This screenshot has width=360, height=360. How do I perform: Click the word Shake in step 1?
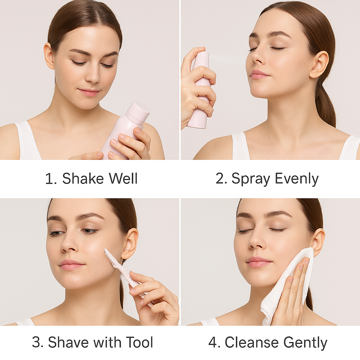[83, 178]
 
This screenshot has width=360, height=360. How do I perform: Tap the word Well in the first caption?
[123, 178]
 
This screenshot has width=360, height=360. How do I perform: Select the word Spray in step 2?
[251, 179]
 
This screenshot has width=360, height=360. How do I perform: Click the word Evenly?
[297, 179]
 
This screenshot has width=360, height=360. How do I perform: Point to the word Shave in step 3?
[68, 342]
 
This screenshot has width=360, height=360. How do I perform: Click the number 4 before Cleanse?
[212, 342]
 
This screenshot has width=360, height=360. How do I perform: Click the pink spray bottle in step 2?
[200, 90]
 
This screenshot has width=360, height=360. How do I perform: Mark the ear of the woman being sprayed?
[319, 65]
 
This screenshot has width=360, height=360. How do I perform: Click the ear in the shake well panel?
[49, 56]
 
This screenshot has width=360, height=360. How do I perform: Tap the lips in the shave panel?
[71, 265]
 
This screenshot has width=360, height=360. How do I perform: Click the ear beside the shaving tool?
[130, 244]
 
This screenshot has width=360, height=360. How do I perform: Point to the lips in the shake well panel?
[89, 92]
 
